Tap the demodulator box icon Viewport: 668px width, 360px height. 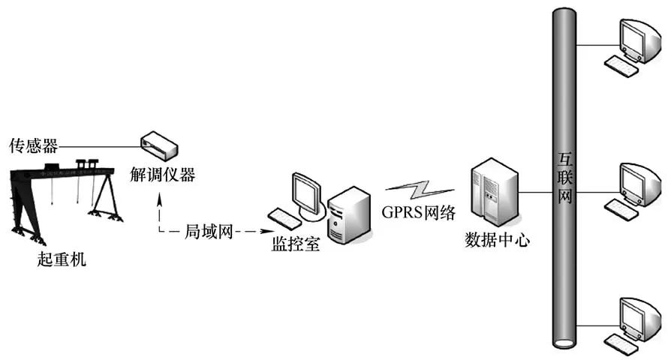160,143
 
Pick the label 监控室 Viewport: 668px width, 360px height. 296,244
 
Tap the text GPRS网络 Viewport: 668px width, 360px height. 419,212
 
